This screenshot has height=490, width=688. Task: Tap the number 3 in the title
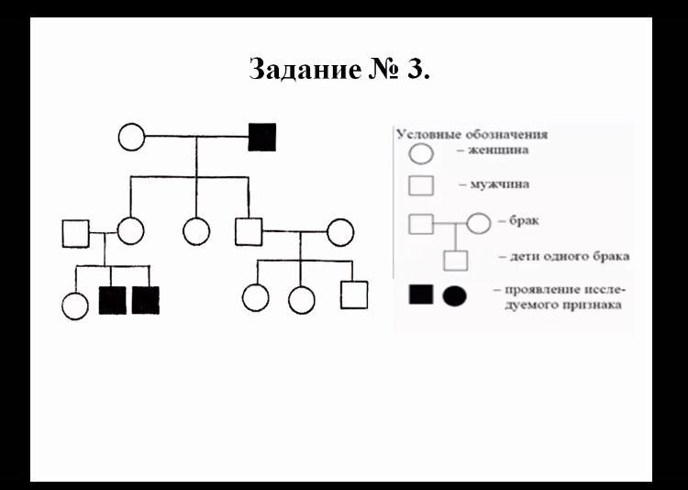pos(415,70)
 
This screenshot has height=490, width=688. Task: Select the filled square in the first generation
pos(262,138)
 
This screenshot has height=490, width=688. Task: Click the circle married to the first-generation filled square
pos(132,138)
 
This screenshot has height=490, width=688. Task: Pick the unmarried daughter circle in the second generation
pos(196,231)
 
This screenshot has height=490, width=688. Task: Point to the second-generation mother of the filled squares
pos(131,231)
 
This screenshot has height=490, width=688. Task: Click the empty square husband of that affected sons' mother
pos(76,233)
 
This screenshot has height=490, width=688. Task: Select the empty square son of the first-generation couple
pos(249,231)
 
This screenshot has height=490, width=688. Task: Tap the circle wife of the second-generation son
pos(340,232)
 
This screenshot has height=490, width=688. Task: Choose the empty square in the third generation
pos(354,295)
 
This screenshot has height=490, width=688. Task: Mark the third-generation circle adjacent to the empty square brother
pos(302,299)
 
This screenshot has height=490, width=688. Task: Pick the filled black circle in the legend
pos(454,295)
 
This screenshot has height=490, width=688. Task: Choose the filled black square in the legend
pos(420,295)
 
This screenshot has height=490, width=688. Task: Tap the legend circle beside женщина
pos(421,153)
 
